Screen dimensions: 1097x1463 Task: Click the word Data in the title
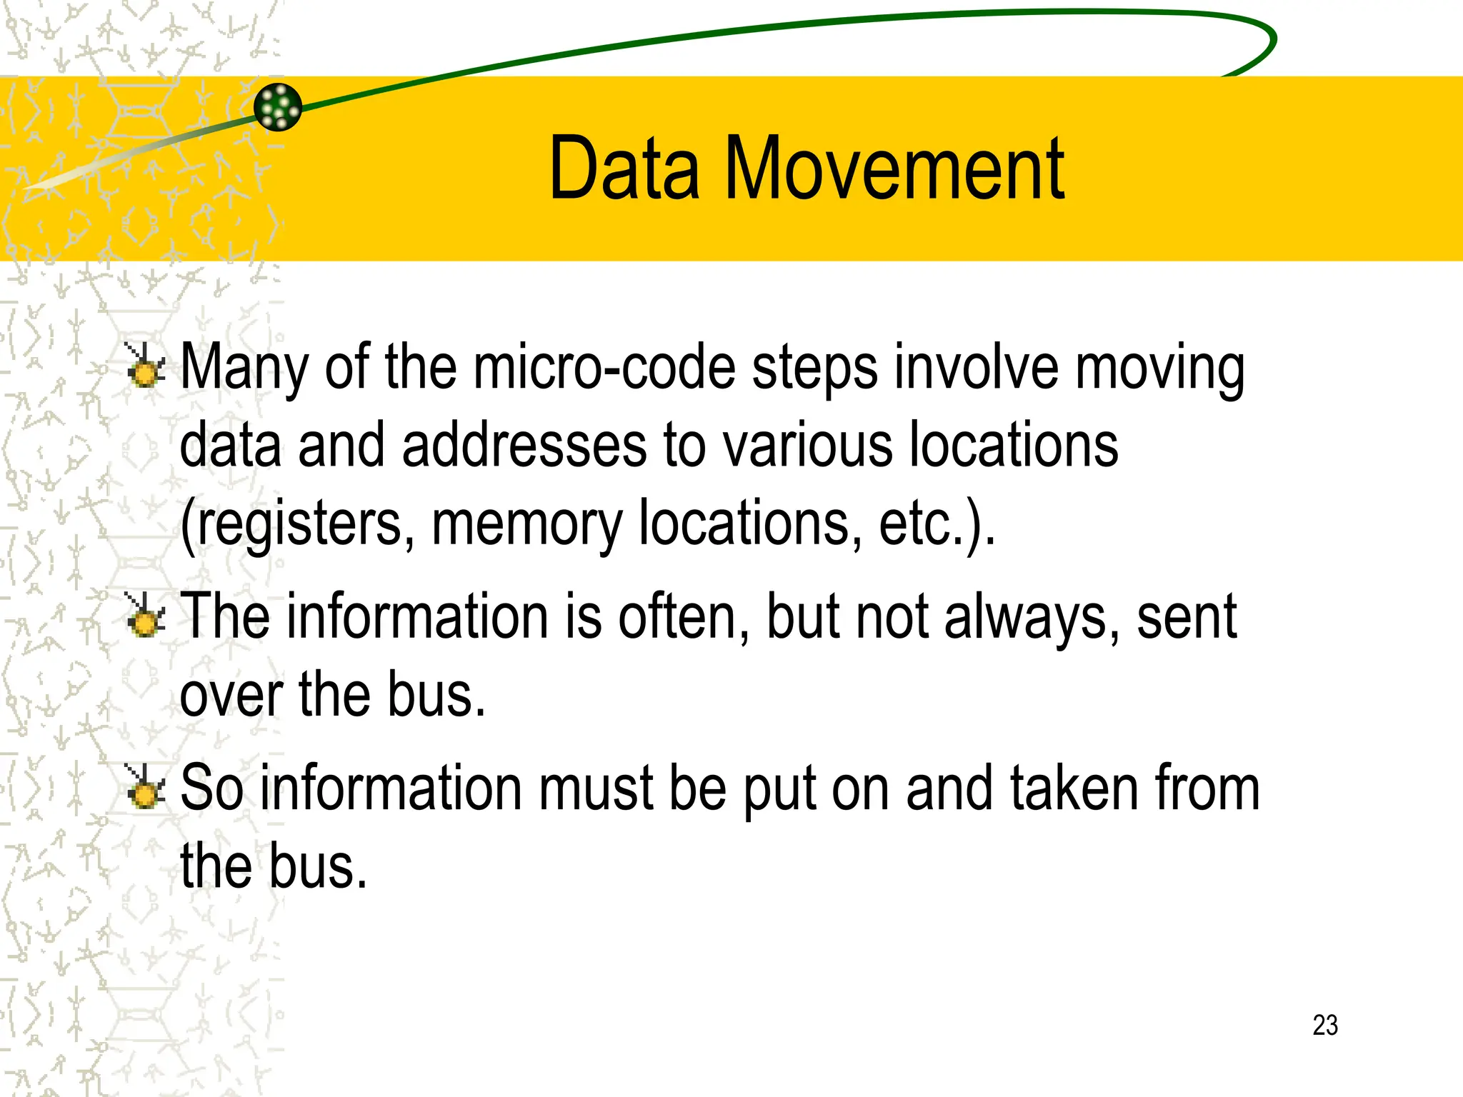tap(624, 169)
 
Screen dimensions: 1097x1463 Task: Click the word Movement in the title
tap(894, 169)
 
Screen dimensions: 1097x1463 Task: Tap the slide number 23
tap(1324, 1025)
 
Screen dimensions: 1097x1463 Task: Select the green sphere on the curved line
tap(278, 107)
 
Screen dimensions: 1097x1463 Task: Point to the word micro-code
tap(604, 368)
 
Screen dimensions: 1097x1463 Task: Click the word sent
tap(1186, 617)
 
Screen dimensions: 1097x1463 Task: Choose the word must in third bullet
tap(596, 788)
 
